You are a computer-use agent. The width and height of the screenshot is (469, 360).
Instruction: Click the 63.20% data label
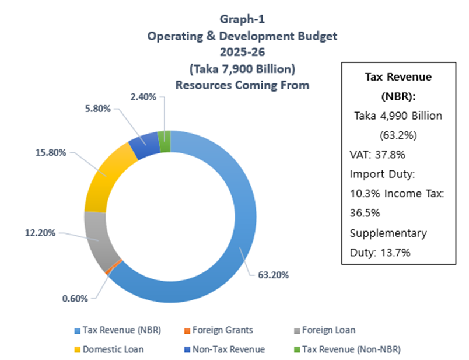coord(274,275)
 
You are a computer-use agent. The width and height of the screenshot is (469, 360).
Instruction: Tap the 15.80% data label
coord(52,153)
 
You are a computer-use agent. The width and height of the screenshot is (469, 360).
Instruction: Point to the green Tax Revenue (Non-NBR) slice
coord(164,141)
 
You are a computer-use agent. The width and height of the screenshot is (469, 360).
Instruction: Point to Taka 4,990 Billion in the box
coord(398,116)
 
